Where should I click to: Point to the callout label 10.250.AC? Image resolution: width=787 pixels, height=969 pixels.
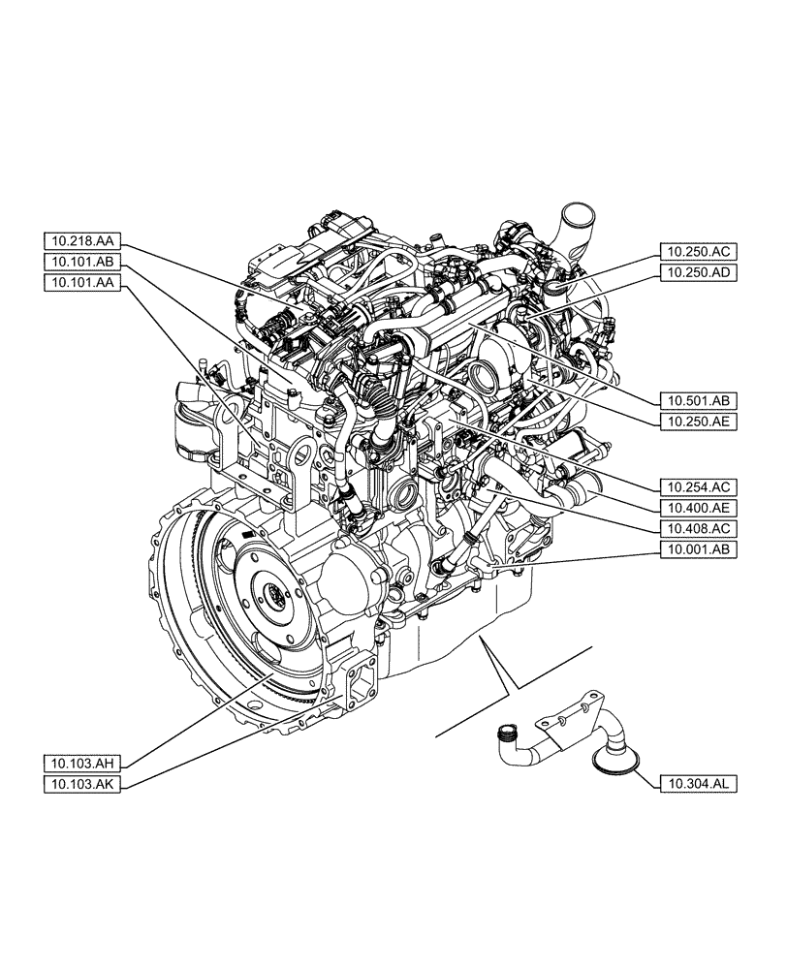(698, 251)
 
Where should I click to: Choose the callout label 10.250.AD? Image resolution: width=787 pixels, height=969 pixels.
(698, 272)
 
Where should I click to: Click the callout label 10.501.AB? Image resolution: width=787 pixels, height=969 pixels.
(698, 399)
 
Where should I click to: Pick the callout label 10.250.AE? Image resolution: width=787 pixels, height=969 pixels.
(698, 421)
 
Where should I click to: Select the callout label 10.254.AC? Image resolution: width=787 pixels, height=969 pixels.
(698, 485)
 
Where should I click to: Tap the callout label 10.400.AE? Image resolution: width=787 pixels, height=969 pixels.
(698, 507)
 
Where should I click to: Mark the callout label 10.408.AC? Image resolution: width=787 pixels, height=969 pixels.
(698, 528)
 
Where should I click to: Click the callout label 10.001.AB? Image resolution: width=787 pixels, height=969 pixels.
(698, 549)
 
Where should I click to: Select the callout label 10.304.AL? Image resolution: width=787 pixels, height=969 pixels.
(698, 782)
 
